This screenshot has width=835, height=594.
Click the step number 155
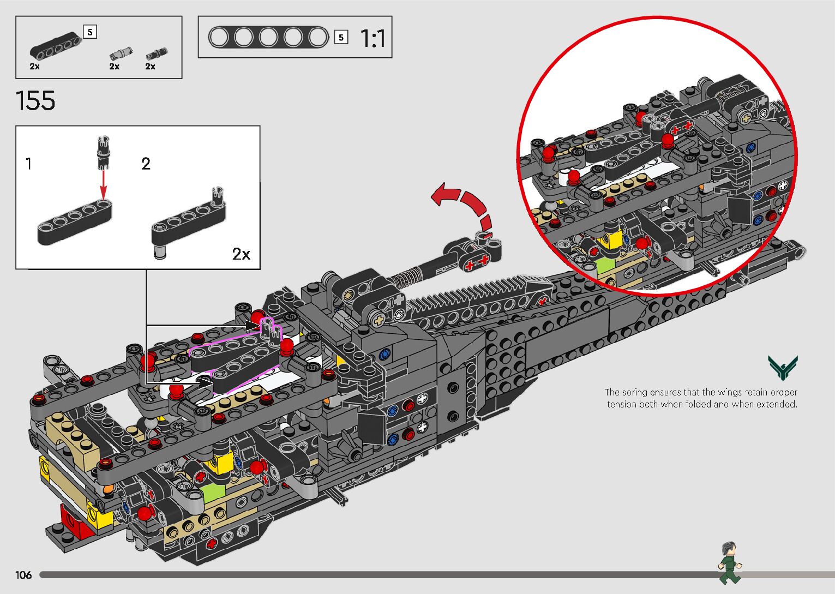[35, 101]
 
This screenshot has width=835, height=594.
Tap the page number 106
[23, 575]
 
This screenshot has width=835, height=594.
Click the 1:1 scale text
[373, 38]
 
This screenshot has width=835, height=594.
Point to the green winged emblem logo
[782, 367]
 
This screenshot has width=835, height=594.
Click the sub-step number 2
[146, 164]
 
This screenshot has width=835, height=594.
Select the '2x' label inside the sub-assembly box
[241, 254]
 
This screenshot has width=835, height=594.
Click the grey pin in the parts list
[119, 53]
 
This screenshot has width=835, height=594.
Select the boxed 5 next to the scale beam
[341, 37]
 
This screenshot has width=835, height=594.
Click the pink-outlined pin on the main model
[268, 328]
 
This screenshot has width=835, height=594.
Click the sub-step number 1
[28, 163]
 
